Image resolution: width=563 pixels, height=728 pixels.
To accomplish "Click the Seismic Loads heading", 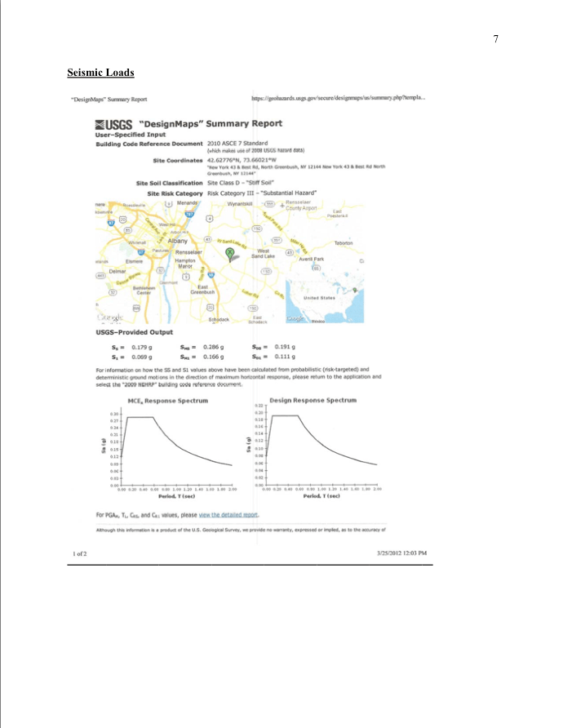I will [100, 73].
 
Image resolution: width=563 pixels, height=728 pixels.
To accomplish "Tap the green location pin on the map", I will [230, 253].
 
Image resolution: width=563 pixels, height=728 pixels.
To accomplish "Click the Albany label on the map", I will [179, 242].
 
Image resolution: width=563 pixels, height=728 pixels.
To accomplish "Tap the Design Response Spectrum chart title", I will [314, 401].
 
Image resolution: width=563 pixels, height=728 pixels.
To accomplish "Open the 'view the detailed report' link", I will [233, 515].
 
